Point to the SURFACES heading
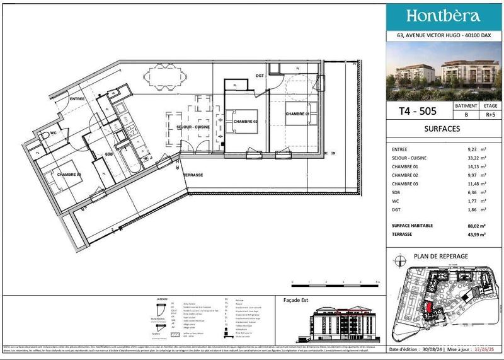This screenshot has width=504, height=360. (x=442, y=129)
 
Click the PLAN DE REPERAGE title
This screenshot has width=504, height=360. (x=440, y=256)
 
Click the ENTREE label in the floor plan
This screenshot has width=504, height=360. (x=77, y=99)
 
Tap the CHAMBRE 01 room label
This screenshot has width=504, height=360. (x=298, y=114)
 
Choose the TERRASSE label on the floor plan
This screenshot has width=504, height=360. (x=193, y=174)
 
